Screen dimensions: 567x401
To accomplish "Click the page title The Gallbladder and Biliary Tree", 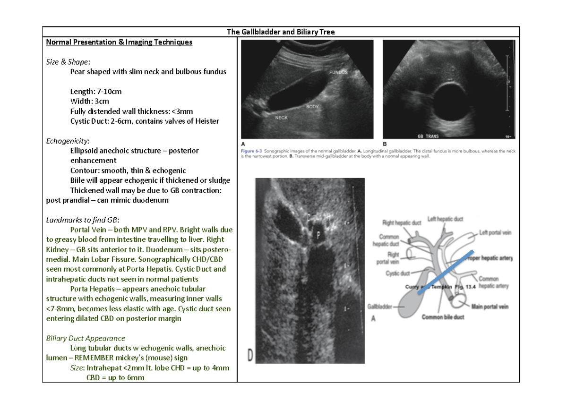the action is [x=281, y=32].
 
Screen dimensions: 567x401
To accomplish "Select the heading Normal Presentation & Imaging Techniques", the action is [x=119, y=42].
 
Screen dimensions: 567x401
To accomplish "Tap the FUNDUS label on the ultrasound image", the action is [x=338, y=72].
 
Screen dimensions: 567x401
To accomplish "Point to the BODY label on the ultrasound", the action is [x=312, y=107].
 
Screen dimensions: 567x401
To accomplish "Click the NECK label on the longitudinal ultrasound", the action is [x=281, y=118].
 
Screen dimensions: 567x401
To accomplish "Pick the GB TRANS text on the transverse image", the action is [x=428, y=137].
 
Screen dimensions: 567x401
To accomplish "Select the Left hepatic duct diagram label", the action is [x=446, y=219].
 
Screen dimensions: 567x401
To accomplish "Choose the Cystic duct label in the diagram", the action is [x=398, y=273].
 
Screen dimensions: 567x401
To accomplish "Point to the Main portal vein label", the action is [x=490, y=307].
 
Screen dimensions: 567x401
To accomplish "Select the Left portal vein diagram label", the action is [x=495, y=232].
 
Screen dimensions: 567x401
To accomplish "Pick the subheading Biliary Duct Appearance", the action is [x=86, y=338].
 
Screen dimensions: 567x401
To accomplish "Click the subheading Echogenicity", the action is [x=68, y=141].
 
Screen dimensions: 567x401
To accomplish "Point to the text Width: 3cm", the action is [x=89, y=101].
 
